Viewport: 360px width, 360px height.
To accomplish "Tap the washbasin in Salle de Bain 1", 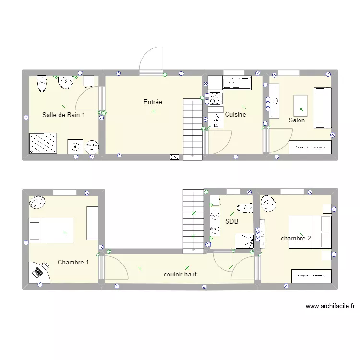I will pyautogui.click(x=65, y=83).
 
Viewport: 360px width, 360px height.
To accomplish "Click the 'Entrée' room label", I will pyautogui.click(x=153, y=102).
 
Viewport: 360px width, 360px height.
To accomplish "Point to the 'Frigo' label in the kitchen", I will pyautogui.click(x=216, y=120).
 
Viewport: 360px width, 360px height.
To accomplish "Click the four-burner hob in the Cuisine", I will pyautogui.click(x=215, y=98).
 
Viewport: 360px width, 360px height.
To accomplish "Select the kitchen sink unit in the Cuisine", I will pyautogui.click(x=237, y=83).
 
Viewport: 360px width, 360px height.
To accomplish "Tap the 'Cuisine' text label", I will pyautogui.click(x=236, y=115).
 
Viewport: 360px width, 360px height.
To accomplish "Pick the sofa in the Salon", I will pyautogui.click(x=323, y=108).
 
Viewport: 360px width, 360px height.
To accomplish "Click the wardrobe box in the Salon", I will pyautogui.click(x=310, y=147).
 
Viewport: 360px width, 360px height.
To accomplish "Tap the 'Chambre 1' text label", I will pyautogui.click(x=73, y=263).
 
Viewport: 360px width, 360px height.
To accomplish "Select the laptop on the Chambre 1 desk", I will pyautogui.click(x=37, y=272).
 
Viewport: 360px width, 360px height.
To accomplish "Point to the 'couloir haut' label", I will pyautogui.click(x=180, y=275).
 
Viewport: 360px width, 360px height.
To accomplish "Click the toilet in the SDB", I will pyautogui.click(x=245, y=208).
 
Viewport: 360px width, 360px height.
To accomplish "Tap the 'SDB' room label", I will pyautogui.click(x=232, y=222).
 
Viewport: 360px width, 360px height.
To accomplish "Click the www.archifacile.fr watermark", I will pyautogui.click(x=330, y=306).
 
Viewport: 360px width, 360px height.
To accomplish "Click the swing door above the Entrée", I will pyautogui.click(x=151, y=61).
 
